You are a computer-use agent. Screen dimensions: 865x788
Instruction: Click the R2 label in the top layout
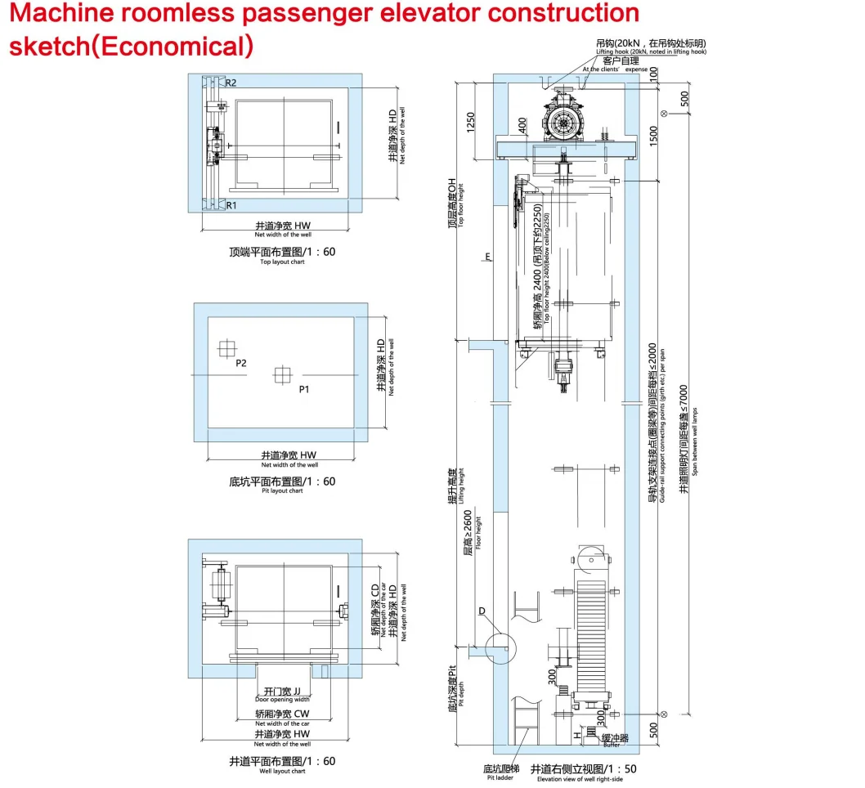click(x=231, y=83)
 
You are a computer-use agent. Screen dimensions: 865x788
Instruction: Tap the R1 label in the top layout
click(x=231, y=205)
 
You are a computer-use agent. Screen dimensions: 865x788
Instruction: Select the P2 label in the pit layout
click(x=241, y=364)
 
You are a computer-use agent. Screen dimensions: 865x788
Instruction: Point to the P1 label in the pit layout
click(x=303, y=390)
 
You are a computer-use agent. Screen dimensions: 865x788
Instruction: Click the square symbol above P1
click(x=281, y=374)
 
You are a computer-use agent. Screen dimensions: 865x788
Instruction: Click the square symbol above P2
click(x=226, y=348)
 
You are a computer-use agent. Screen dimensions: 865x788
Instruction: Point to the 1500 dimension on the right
click(x=652, y=136)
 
